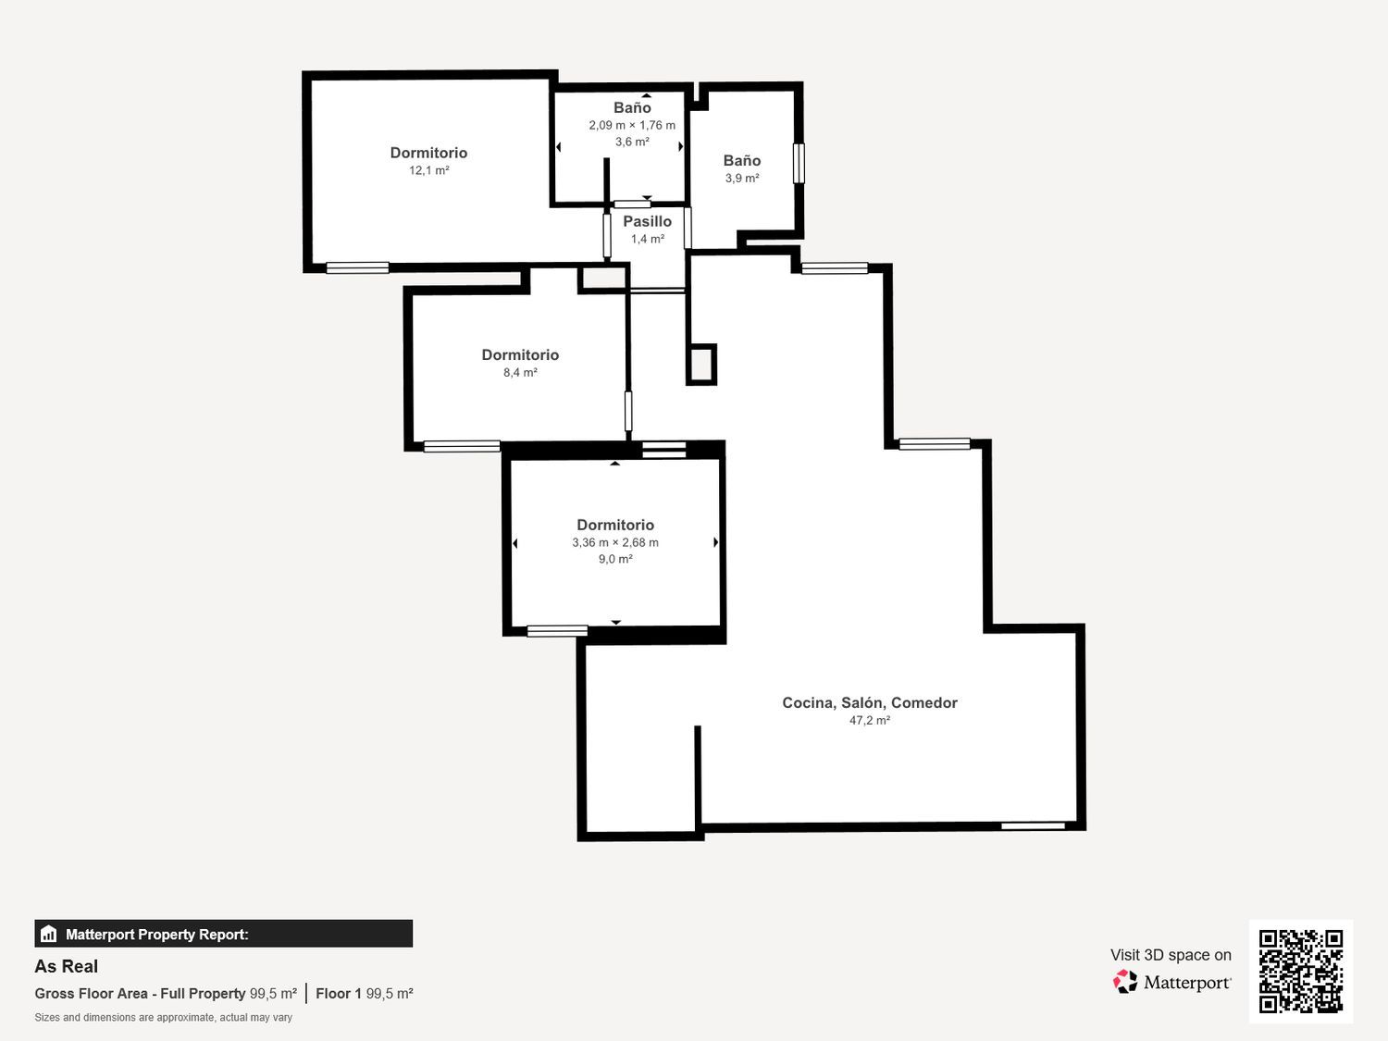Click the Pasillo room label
(647, 222)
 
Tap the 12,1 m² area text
(428, 170)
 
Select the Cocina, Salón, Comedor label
(870, 703)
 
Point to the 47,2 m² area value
(870, 721)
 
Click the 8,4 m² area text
(520, 373)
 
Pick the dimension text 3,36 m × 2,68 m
(615, 542)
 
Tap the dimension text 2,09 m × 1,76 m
(632, 125)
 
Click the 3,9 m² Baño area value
(742, 179)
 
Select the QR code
(1301, 972)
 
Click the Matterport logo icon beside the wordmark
(1125, 982)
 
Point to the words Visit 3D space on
(1171, 955)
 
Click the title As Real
(67, 966)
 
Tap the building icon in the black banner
(49, 934)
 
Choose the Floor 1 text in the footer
(339, 994)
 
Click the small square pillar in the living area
(701, 365)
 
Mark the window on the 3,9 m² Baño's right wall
(799, 164)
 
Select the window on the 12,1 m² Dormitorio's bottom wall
(357, 268)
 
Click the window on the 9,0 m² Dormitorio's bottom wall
(557, 631)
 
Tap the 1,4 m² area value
(647, 240)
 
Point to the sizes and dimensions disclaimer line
(163, 1018)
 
